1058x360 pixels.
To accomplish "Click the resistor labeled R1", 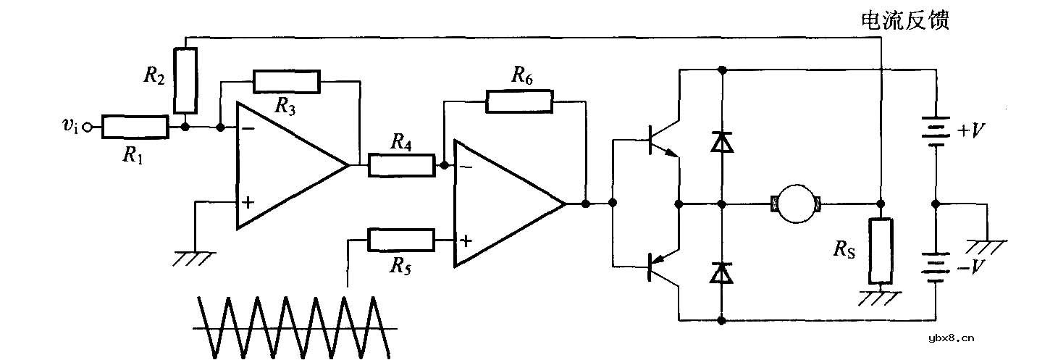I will click(135, 127).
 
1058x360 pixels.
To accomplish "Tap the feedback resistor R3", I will click(285, 82).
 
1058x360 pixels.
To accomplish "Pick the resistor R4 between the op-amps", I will click(400, 165).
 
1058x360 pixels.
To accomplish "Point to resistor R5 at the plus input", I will click(400, 240).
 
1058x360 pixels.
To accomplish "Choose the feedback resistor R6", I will click(519, 102).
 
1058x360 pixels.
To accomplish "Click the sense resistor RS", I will click(881, 250).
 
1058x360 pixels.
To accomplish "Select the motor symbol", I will click(797, 204).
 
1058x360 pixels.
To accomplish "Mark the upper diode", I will click(721, 141).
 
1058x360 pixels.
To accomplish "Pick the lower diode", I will click(721, 272).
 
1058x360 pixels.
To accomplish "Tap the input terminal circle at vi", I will click(88, 128).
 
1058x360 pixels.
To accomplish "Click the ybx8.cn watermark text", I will click(952, 337).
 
